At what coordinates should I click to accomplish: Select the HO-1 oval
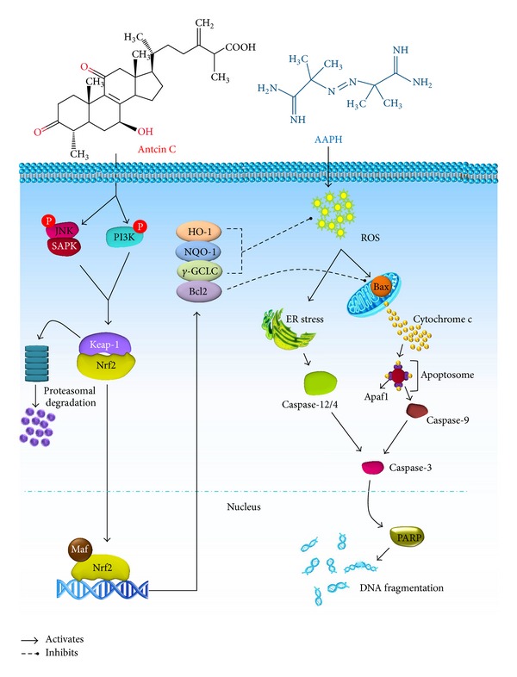pos(199,233)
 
